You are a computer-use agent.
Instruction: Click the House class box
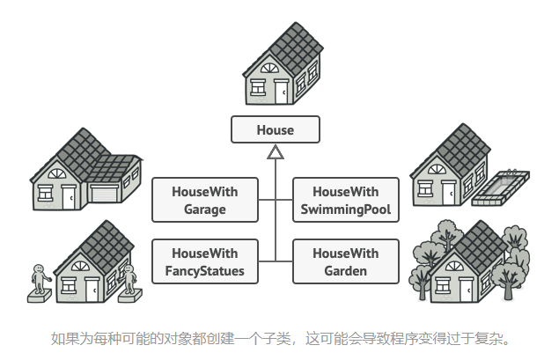tap(275, 130)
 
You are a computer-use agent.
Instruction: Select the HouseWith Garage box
tap(205, 200)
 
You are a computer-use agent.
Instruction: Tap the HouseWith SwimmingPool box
tap(345, 200)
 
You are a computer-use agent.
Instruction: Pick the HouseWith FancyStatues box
tap(205, 261)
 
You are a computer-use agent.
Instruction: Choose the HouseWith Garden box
tap(345, 261)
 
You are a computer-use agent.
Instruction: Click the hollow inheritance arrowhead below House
tap(276, 154)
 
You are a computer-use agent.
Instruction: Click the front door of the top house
tap(281, 91)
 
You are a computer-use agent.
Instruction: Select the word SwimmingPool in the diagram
tap(345, 209)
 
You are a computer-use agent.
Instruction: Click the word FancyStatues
tap(205, 271)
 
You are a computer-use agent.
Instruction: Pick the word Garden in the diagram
tap(345, 271)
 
